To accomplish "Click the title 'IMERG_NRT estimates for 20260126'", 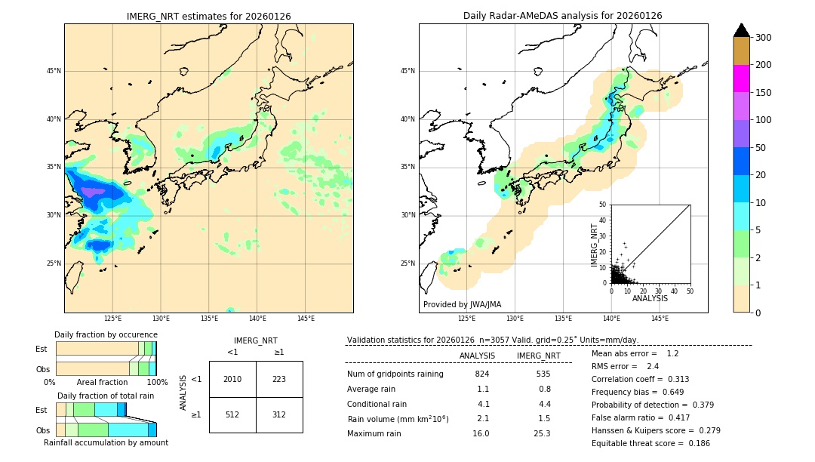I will (x=208, y=16).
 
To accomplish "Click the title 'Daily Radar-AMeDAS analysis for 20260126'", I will (x=562, y=16).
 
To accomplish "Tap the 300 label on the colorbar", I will (x=763, y=38).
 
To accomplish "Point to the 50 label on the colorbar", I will (x=761, y=147).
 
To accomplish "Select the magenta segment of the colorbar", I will (x=742, y=79).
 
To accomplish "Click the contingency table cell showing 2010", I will (x=232, y=379).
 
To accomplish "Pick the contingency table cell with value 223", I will (x=279, y=379).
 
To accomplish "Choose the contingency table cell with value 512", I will (x=232, y=414).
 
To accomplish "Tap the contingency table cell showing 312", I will (x=279, y=414).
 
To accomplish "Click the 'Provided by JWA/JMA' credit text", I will (x=462, y=304).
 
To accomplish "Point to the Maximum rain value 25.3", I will (x=542, y=433).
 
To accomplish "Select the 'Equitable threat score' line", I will (x=650, y=443).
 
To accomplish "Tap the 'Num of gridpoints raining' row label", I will (x=395, y=374).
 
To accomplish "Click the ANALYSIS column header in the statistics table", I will (x=477, y=356).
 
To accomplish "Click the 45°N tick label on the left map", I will (x=53, y=71).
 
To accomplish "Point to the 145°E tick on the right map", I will (x=660, y=319).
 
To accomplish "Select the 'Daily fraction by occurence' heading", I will (x=106, y=334).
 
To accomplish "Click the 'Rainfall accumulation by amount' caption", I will (x=106, y=442).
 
